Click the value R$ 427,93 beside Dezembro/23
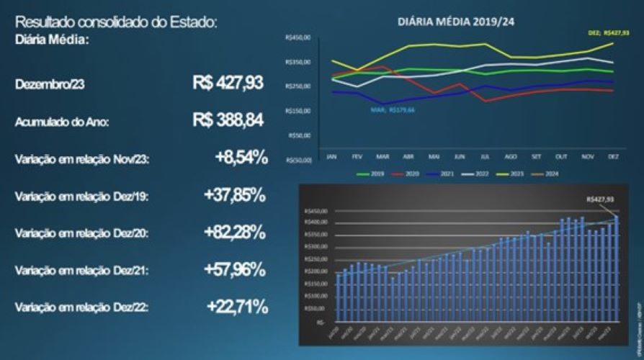pyautogui.click(x=228, y=83)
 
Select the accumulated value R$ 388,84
pyautogui.click(x=228, y=120)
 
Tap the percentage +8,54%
pyautogui.click(x=241, y=158)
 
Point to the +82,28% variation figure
pyautogui.click(x=236, y=233)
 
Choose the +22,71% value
pyautogui.click(x=237, y=307)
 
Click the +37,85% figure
pyautogui.click(x=236, y=195)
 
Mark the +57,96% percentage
pyautogui.click(x=236, y=270)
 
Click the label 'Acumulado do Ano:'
pyautogui.click(x=62, y=122)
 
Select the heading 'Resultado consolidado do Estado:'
pyautogui.click(x=115, y=23)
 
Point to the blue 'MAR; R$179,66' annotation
pyautogui.click(x=393, y=110)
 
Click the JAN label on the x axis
pyautogui.click(x=332, y=155)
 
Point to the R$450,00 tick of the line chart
pyautogui.click(x=298, y=37)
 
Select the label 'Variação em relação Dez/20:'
pyautogui.click(x=81, y=233)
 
